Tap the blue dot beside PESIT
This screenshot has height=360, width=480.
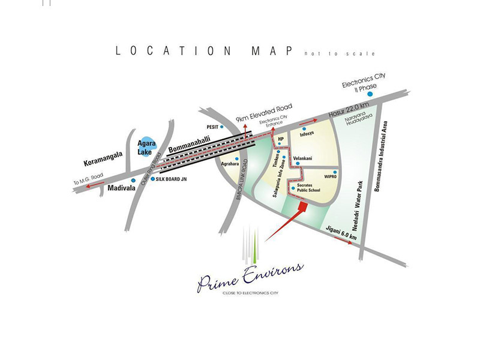[x=222, y=127]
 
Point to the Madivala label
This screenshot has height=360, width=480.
[x=108, y=188]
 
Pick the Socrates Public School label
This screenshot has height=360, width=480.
[x=309, y=188]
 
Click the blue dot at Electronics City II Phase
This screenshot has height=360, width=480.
[x=371, y=95]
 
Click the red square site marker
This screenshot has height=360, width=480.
[x=303, y=206]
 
